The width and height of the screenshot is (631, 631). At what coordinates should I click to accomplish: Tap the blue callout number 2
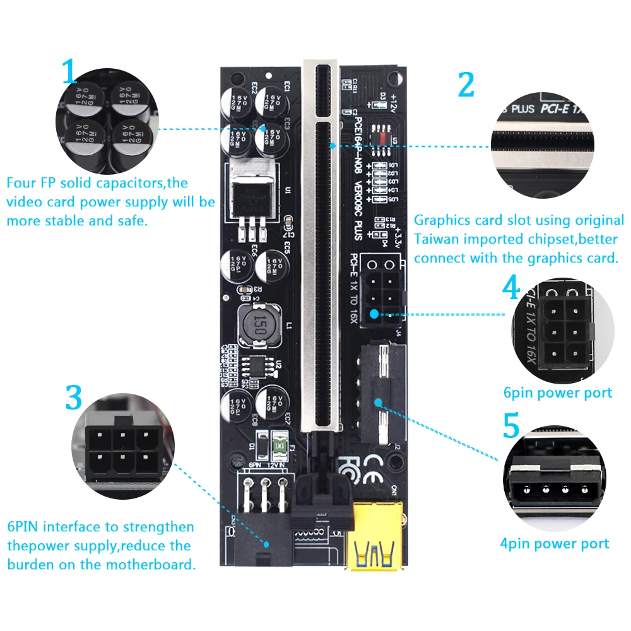coord(466,85)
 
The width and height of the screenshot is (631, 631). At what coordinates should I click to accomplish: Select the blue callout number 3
coord(74,398)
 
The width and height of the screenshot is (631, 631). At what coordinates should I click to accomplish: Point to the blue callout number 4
coord(511,288)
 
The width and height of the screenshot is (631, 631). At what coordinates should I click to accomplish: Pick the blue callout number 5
coord(511,427)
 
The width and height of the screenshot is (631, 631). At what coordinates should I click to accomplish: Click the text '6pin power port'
coord(557,393)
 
